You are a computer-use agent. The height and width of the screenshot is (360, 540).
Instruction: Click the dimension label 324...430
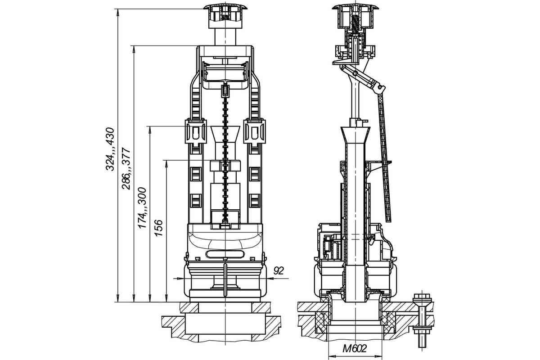click(110, 149)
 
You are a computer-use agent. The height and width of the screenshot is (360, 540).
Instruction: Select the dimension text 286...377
click(126, 168)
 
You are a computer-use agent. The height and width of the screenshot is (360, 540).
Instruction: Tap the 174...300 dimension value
click(142, 207)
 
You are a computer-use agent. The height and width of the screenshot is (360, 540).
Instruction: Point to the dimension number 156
click(158, 228)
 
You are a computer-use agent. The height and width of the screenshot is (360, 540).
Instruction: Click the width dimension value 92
click(279, 271)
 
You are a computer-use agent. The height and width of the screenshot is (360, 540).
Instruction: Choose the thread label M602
click(355, 348)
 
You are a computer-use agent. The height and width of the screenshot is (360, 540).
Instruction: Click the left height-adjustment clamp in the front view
click(196, 131)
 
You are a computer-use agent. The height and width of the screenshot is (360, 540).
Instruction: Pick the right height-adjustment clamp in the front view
click(255, 131)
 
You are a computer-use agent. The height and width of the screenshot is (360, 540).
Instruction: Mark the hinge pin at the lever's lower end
click(380, 87)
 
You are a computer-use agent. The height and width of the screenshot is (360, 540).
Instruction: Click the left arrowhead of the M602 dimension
click(332, 356)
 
